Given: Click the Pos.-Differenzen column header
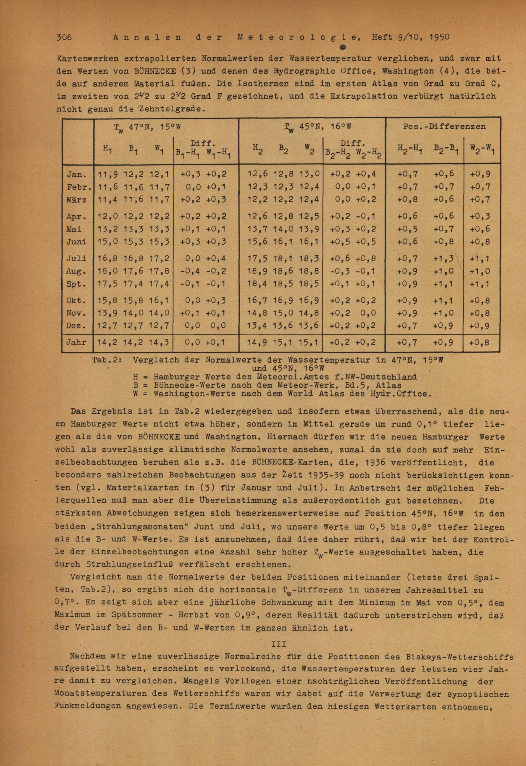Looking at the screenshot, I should [x=444, y=126].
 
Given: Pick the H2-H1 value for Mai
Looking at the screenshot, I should [x=408, y=229].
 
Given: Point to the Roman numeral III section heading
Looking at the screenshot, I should [x=278, y=644].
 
